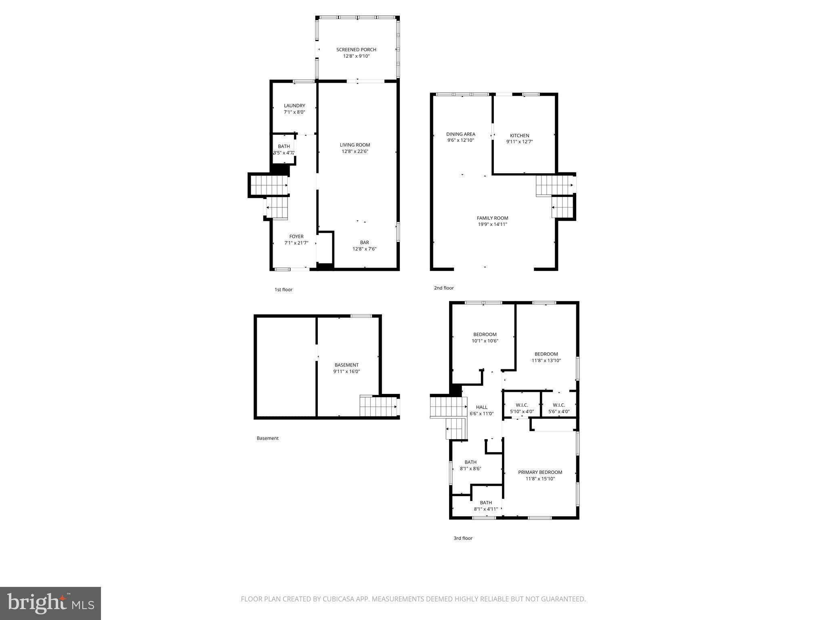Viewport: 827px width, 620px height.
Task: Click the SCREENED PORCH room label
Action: click(356, 50)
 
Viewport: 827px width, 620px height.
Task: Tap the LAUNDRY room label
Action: click(294, 106)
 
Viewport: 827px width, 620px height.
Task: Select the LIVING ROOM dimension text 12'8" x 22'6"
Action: click(355, 151)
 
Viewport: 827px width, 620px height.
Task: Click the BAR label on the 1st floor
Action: click(364, 243)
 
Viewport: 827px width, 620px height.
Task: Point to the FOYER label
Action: click(296, 237)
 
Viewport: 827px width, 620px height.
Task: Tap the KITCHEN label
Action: click(519, 136)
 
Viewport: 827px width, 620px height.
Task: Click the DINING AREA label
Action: click(460, 134)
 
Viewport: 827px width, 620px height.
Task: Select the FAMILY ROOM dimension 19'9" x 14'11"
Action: click(492, 224)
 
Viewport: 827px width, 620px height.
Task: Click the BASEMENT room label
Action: click(346, 365)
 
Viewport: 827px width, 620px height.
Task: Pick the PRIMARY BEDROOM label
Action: click(540, 472)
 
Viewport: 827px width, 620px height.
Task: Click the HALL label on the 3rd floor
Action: click(481, 407)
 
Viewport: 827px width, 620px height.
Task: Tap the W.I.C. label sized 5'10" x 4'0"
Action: click(522, 405)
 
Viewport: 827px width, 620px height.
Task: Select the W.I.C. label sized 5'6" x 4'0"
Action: click(559, 405)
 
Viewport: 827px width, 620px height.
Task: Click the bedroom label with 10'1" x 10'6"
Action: click(485, 334)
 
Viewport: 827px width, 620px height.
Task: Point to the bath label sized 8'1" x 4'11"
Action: click(486, 503)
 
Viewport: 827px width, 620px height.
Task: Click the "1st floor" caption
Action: click(283, 289)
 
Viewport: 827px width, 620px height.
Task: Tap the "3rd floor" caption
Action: click(463, 538)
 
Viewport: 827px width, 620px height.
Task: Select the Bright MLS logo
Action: click(50, 603)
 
